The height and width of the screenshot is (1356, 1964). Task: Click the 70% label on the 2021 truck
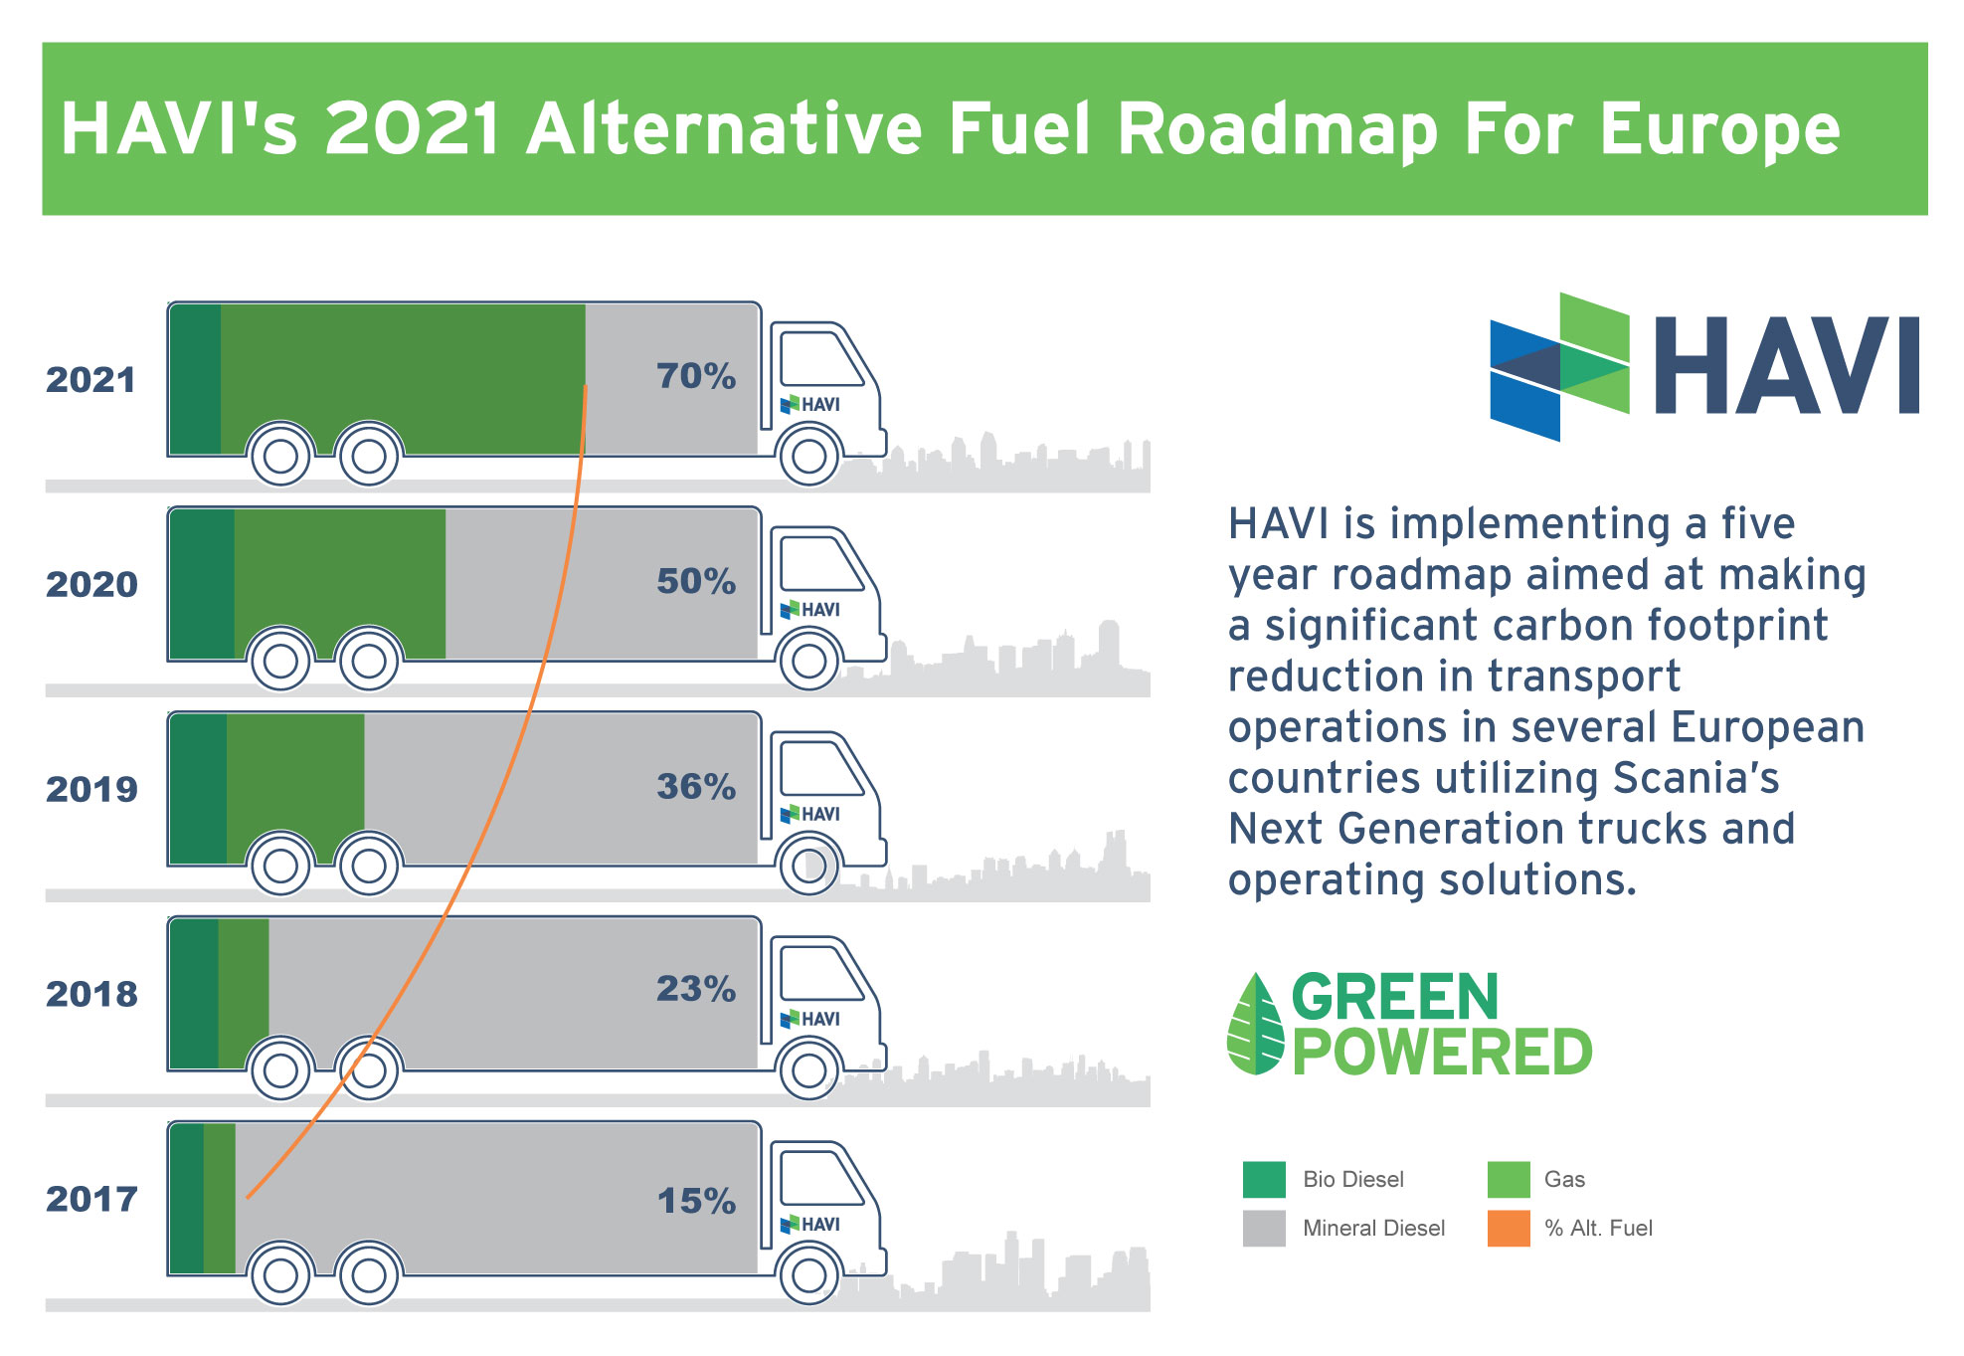coord(696,376)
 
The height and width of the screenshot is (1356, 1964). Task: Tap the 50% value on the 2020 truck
coord(696,581)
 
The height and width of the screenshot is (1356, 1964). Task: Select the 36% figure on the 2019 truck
coord(696,786)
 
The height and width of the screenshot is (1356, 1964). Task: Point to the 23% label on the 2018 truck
coord(696,989)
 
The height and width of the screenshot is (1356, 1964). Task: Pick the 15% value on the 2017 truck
coord(696,1201)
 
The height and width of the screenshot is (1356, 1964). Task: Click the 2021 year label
coord(90,380)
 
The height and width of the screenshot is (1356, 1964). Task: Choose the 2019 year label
coord(91,789)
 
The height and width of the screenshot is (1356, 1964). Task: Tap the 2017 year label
coord(91,1199)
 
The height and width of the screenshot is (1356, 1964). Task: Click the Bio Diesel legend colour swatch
coord(1264,1179)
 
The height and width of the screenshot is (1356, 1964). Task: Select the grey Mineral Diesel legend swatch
coord(1264,1228)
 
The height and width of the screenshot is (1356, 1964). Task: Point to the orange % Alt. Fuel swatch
coord(1509,1228)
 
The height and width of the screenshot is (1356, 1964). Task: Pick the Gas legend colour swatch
coord(1509,1179)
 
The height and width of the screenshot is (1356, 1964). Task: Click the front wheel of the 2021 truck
coord(809,457)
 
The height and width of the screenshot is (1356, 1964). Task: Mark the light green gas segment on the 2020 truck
coord(340,583)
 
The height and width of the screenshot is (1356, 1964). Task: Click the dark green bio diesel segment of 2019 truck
coord(198,788)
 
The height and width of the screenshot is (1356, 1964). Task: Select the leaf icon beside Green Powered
coord(1256,1024)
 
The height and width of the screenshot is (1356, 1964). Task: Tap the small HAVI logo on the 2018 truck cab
coord(810,1019)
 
